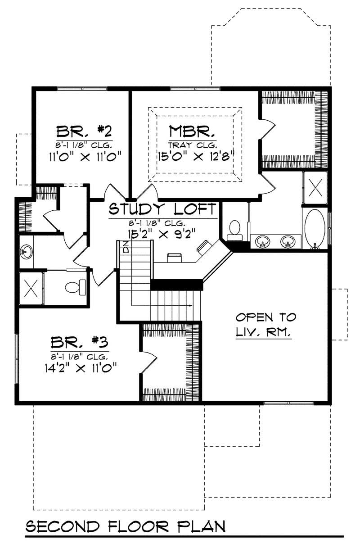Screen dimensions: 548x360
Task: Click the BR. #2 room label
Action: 84,132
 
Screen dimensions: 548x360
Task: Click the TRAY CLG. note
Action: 193,145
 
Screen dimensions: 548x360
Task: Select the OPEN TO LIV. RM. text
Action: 266,325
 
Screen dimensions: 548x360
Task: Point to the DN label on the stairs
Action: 126,247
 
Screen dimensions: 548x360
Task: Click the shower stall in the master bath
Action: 315,186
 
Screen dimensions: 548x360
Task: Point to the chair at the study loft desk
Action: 174,257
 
